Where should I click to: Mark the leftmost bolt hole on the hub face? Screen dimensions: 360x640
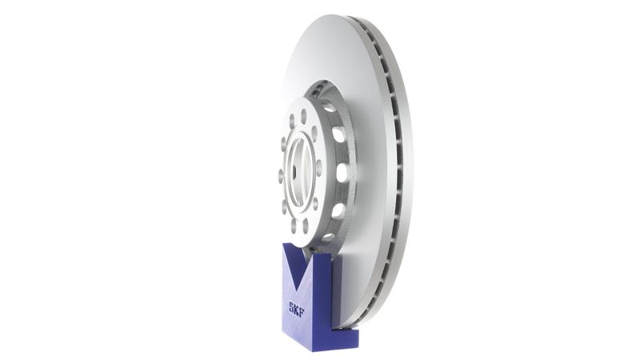tap(280, 173)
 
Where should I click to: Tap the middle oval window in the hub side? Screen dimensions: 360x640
tap(342, 172)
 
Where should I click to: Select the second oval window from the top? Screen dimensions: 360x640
tap(338, 134)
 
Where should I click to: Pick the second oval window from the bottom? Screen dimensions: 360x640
tap(337, 210)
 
